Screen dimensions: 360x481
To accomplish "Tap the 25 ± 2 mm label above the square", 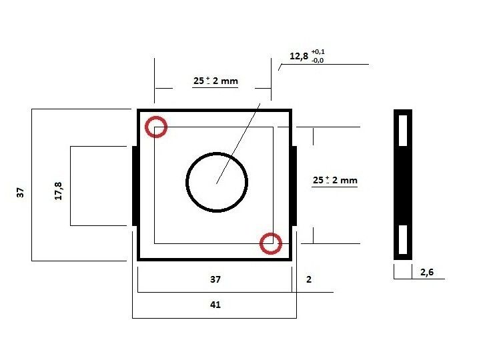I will pyautogui.click(x=215, y=81).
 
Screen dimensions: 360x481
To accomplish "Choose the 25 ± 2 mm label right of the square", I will pyautogui.click(x=336, y=181).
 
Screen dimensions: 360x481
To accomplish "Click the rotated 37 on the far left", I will pyautogui.click(x=20, y=193).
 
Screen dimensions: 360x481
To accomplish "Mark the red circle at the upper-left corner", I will pyautogui.click(x=156, y=127).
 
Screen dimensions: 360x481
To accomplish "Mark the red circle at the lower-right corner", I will pyautogui.click(x=270, y=244).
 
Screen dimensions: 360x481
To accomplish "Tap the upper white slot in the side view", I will pyautogui.click(x=403, y=129).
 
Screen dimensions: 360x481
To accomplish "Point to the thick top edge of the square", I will pyautogui.click(x=214, y=111).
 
